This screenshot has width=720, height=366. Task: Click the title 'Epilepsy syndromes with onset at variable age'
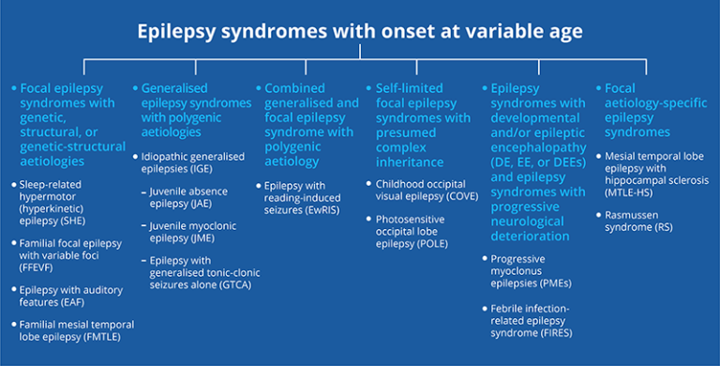point(360,31)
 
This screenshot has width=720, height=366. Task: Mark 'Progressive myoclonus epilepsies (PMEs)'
point(531,269)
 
